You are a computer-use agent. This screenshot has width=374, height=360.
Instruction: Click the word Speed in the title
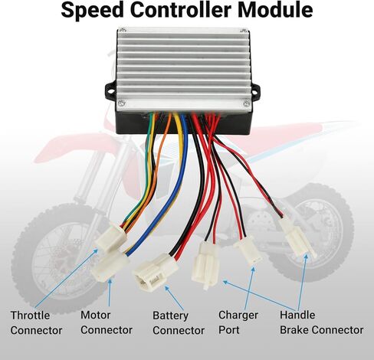coord(92,11)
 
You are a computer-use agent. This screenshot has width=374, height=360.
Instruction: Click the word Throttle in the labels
coord(30,316)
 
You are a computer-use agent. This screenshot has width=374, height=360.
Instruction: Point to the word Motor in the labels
coord(96,315)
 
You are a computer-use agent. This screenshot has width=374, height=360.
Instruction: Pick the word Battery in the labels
coord(170,316)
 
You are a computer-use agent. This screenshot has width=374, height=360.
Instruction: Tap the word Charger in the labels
coord(238,316)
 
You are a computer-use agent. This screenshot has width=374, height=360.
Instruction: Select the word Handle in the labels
coord(297,315)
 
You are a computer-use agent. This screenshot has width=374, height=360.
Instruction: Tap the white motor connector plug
coord(110,267)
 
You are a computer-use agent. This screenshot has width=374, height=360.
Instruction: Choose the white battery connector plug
coord(155,273)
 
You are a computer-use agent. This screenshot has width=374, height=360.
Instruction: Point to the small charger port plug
coord(248,251)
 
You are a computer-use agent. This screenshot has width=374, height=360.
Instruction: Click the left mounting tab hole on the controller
coord(110,90)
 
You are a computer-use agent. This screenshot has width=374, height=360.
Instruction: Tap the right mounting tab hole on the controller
coord(254,92)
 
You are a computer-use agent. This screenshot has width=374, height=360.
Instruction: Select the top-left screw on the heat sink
coord(123,30)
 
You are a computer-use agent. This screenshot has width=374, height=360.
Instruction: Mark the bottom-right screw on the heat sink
coord(246,103)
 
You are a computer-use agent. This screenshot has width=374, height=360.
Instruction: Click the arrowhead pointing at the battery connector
coord(166,288)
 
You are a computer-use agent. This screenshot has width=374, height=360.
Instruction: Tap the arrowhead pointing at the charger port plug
coord(253,270)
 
